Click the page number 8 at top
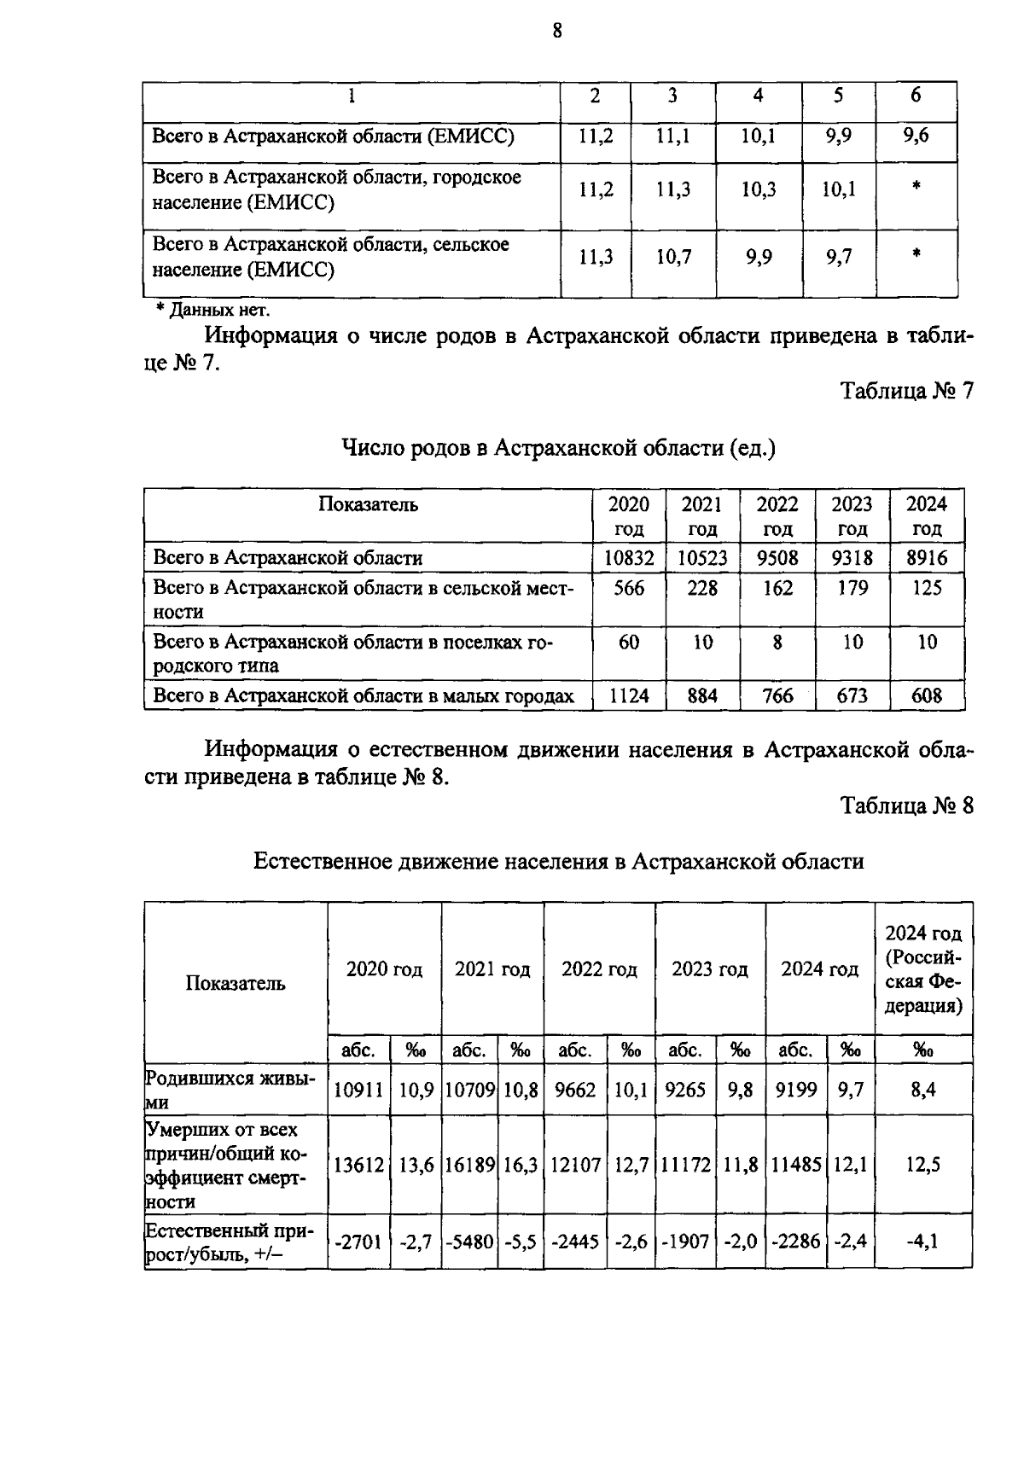(x=557, y=32)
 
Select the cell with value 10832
(x=630, y=559)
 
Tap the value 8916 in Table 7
(x=927, y=559)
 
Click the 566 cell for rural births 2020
(x=629, y=588)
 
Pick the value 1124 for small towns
(x=629, y=696)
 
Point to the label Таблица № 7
(x=906, y=391)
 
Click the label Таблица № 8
(x=906, y=806)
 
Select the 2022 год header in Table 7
(x=777, y=515)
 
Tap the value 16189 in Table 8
(x=469, y=1165)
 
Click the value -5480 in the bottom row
(x=469, y=1242)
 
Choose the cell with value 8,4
(x=923, y=1090)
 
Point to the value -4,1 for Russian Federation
(x=923, y=1242)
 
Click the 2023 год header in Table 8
(x=710, y=970)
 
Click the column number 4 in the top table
(x=758, y=96)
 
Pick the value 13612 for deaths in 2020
(x=358, y=1165)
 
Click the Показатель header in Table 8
(x=236, y=983)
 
